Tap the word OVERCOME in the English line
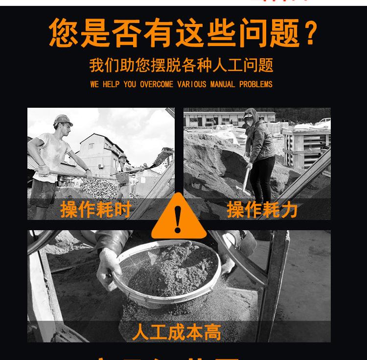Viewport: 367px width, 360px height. click(156, 84)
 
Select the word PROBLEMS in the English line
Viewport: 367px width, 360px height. click(255, 84)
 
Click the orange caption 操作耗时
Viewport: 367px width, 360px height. click(96, 209)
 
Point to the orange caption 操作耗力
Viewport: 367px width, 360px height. click(262, 209)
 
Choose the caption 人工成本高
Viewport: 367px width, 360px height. click(177, 332)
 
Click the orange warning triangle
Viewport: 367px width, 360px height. click(179, 218)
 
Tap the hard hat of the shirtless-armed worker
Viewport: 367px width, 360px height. click(63, 120)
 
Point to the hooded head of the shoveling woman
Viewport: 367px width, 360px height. click(250, 118)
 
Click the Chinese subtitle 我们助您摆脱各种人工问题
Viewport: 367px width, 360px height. click(181, 65)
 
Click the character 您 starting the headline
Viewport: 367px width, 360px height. click(64, 33)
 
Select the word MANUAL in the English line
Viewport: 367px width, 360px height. click(223, 84)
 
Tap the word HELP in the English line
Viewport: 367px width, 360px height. click(111, 84)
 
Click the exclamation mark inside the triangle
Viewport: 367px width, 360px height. click(178, 220)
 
